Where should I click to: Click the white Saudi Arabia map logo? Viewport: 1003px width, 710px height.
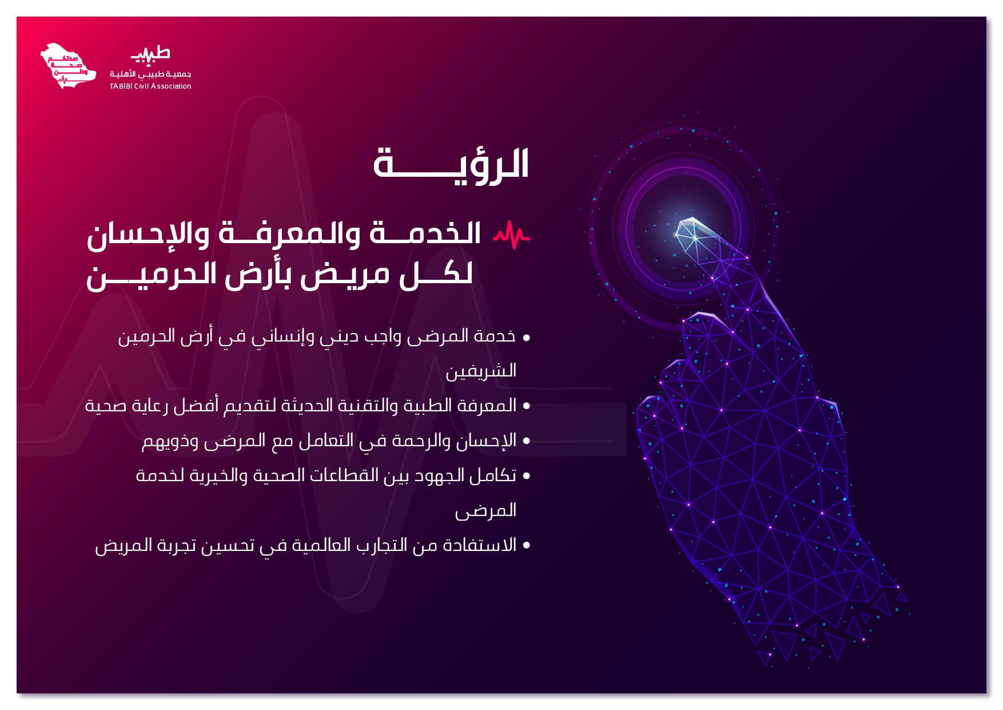pyautogui.click(x=67, y=66)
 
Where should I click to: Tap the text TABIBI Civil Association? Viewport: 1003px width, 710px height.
pyautogui.click(x=150, y=86)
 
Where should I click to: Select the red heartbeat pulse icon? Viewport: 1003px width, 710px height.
pyautogui.click(x=512, y=235)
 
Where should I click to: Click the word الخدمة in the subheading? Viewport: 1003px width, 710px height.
pyautogui.click(x=425, y=233)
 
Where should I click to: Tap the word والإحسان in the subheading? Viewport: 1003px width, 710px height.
pyautogui.click(x=148, y=234)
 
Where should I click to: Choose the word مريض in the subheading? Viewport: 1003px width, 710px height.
pyautogui.click(x=345, y=274)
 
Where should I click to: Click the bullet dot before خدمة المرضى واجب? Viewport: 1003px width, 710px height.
pyautogui.click(x=526, y=338)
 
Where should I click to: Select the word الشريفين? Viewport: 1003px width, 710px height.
pyautogui.click(x=481, y=371)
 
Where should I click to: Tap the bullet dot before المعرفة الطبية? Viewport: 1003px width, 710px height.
pyautogui.click(x=526, y=407)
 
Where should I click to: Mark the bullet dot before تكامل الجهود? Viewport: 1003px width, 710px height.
pyautogui.click(x=526, y=476)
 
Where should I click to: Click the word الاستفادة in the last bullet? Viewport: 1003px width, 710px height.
pyautogui.click(x=480, y=545)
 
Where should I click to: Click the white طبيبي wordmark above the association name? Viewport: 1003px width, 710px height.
pyautogui.click(x=150, y=54)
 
